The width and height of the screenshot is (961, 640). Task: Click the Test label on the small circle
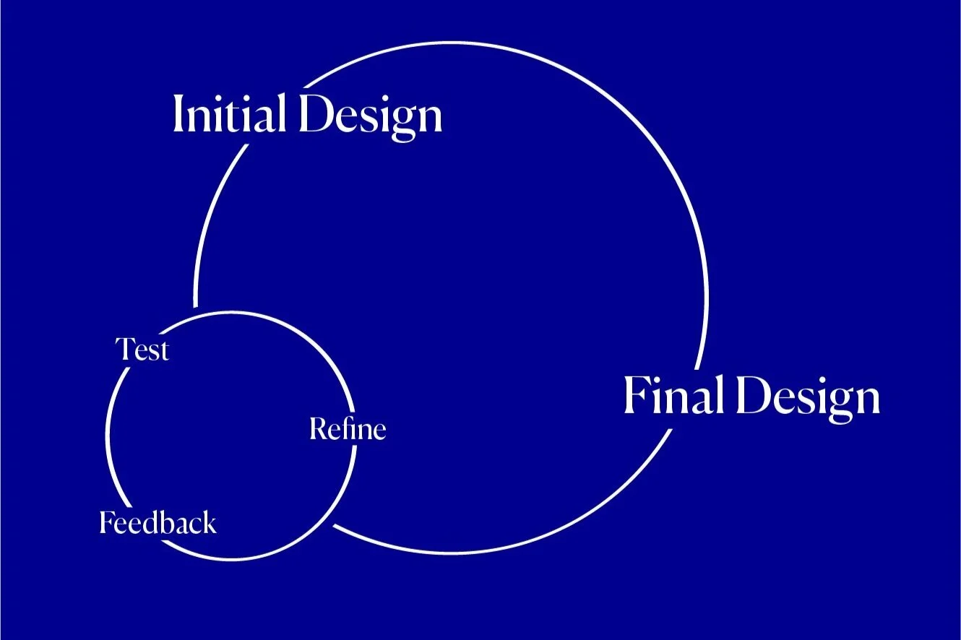(x=142, y=350)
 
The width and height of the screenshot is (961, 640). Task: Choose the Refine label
(x=348, y=428)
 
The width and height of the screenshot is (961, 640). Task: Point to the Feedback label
(x=158, y=522)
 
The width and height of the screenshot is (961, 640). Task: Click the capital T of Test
(x=125, y=349)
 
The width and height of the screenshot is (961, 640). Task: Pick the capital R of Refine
(x=318, y=428)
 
